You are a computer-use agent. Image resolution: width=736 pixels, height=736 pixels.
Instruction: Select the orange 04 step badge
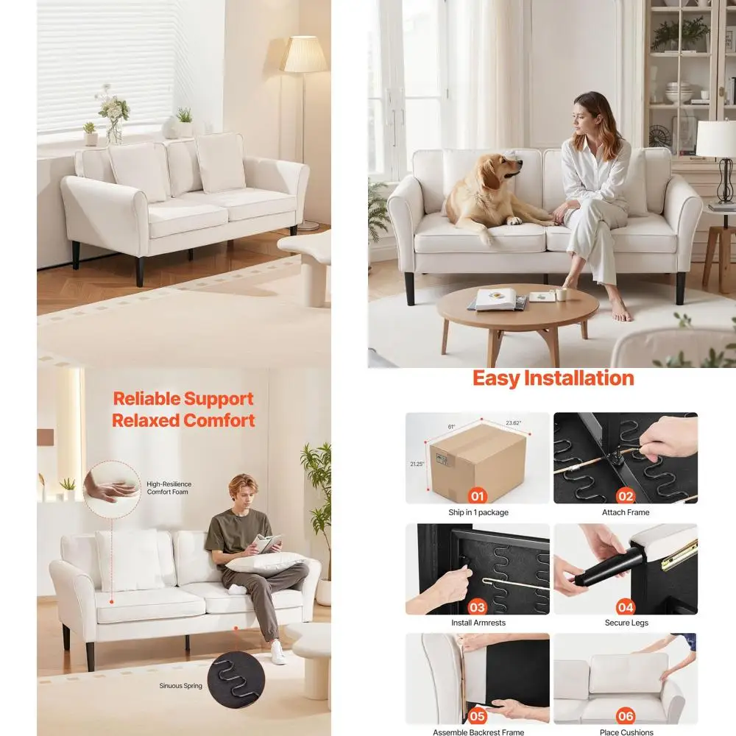point(626,606)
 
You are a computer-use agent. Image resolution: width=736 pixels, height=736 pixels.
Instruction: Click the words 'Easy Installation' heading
point(553,378)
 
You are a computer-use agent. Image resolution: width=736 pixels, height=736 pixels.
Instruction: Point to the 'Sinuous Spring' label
point(180,686)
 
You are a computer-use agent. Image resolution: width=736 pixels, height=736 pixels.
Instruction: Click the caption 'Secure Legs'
point(626,623)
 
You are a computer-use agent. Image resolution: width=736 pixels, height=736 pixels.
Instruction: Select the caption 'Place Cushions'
point(626,732)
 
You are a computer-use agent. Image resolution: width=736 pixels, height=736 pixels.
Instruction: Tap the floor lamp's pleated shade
point(304,54)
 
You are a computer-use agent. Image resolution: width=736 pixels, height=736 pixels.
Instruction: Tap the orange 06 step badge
point(626,715)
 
